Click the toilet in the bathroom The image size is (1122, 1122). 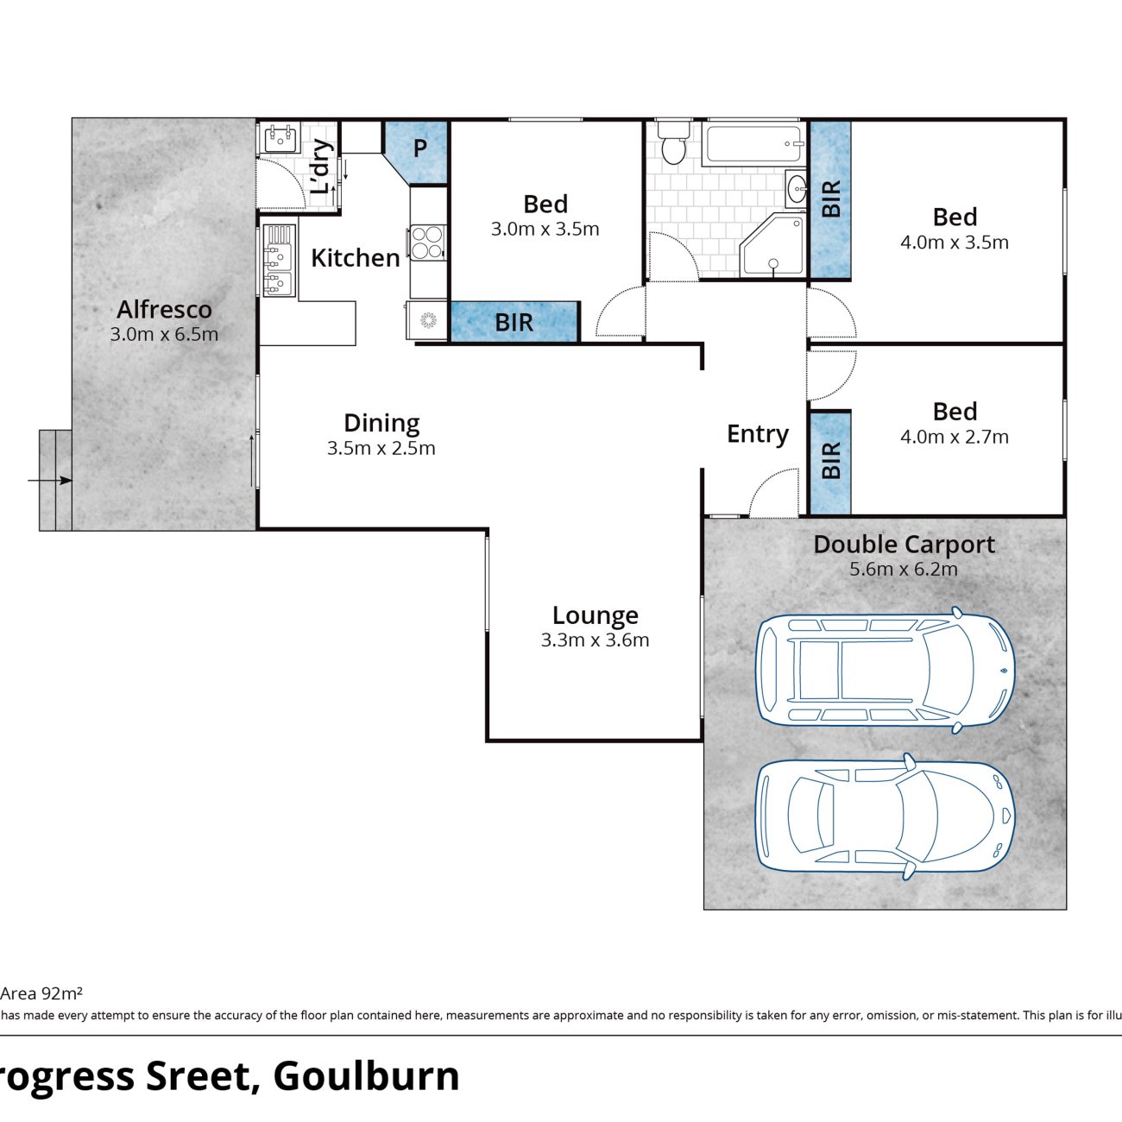click(674, 143)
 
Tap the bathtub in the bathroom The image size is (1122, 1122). click(753, 143)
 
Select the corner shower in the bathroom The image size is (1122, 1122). click(772, 245)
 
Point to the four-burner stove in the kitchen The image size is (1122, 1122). click(427, 243)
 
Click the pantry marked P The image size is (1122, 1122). click(420, 148)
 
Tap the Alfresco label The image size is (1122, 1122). click(164, 309)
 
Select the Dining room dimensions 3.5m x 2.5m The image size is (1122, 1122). click(381, 448)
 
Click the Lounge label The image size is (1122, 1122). click(595, 615)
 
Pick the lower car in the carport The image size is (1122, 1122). click(885, 816)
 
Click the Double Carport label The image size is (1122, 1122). click(904, 545)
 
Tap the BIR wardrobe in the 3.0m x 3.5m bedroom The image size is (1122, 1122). click(514, 321)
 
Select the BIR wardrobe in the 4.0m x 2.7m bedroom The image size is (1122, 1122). click(830, 463)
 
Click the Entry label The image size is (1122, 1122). click(758, 434)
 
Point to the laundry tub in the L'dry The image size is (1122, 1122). click(280, 139)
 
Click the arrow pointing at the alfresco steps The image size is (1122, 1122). click(50, 481)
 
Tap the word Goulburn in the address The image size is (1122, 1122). click(366, 1075)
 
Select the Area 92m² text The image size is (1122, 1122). click(41, 993)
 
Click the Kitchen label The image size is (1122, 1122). click(356, 258)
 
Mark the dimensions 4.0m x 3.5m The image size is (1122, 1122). click(955, 243)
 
